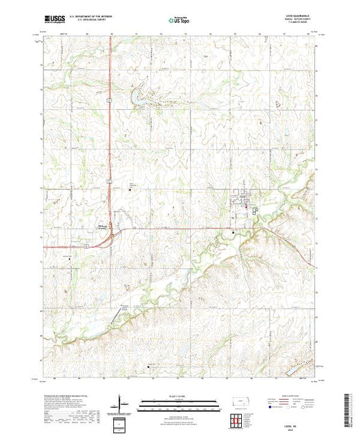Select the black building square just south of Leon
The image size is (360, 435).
coord(233,233)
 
